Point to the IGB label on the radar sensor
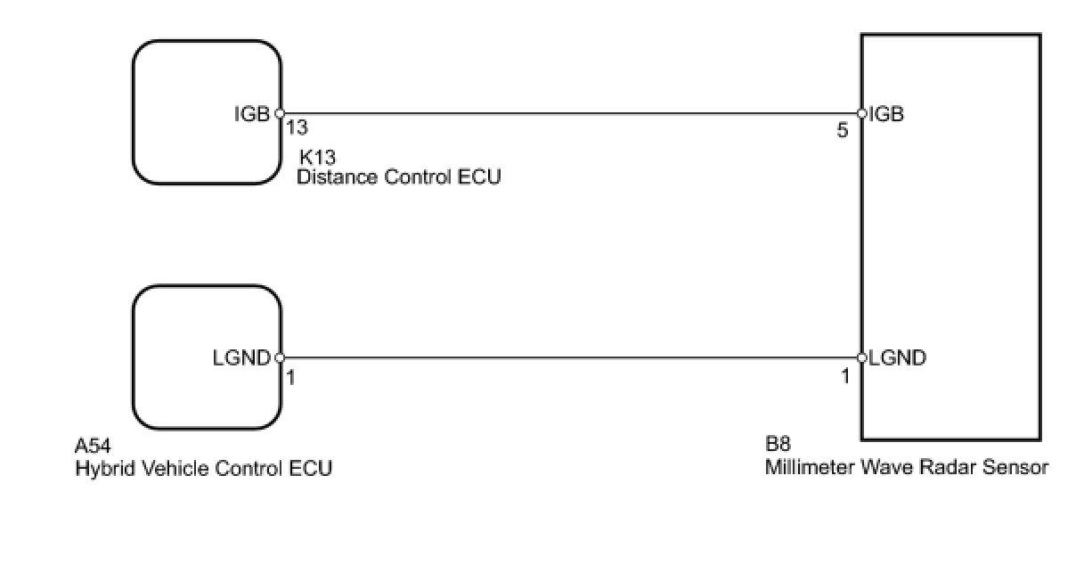click(x=887, y=114)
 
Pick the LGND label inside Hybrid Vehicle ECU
click(x=241, y=358)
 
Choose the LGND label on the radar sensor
click(x=898, y=358)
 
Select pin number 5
click(x=843, y=131)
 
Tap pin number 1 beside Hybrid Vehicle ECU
click(x=290, y=377)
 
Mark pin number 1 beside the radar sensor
click(x=845, y=377)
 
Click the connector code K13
click(x=315, y=156)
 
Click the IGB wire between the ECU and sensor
click(x=570, y=114)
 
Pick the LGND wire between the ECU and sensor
click(x=570, y=358)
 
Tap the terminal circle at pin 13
click(x=280, y=114)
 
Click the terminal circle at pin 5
click(x=861, y=114)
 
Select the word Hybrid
click(x=100, y=468)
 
